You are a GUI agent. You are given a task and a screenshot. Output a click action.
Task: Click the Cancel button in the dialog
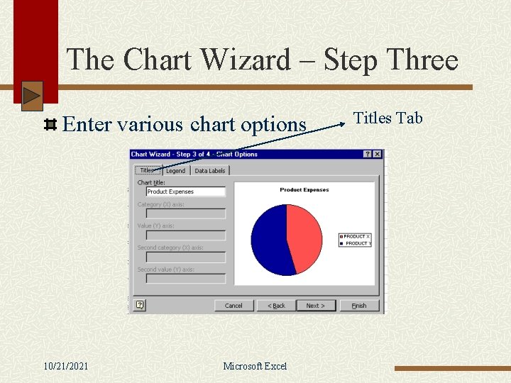[233, 306]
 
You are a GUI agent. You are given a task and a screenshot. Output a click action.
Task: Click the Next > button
[315, 306]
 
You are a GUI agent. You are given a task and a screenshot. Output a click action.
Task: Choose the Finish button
[359, 306]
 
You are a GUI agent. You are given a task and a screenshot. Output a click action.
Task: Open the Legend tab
[175, 171]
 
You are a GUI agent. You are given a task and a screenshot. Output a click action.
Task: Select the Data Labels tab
[209, 171]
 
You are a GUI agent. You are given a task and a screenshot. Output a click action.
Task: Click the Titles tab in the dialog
[147, 170]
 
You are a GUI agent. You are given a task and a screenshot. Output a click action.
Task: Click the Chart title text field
[185, 191]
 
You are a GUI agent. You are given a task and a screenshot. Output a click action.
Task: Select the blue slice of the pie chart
[270, 241]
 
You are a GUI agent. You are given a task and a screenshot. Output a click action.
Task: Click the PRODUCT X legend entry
[356, 236]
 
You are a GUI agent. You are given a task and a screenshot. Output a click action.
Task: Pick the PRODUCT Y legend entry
[356, 243]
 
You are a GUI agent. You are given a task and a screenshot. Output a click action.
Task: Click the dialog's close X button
[378, 154]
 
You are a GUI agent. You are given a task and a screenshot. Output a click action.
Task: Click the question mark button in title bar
[368, 154]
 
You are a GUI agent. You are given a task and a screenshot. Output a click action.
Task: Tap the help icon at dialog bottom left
[140, 305]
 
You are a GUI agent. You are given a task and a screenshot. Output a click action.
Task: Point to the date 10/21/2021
[66, 366]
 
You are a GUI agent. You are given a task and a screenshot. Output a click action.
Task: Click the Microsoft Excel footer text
[255, 366]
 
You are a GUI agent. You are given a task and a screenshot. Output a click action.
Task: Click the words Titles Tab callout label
[388, 118]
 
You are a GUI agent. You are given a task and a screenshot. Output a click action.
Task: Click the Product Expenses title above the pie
[304, 190]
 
